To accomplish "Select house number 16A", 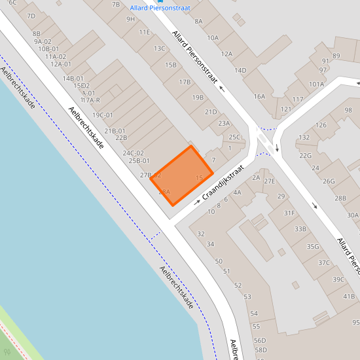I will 259,97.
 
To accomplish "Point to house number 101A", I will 317,84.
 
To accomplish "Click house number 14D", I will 240,70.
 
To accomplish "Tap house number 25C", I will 234,137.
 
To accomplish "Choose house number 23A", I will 224,123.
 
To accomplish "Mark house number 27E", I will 269,181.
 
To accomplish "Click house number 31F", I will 289,213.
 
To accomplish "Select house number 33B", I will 300,228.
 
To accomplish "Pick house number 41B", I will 349,296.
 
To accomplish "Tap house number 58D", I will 260,350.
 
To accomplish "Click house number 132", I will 304,137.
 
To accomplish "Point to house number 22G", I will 306,155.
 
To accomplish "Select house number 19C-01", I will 102,115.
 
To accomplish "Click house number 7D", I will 31,16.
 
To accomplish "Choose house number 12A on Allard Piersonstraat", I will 226,54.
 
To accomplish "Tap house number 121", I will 285,109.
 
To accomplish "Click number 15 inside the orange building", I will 200,177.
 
